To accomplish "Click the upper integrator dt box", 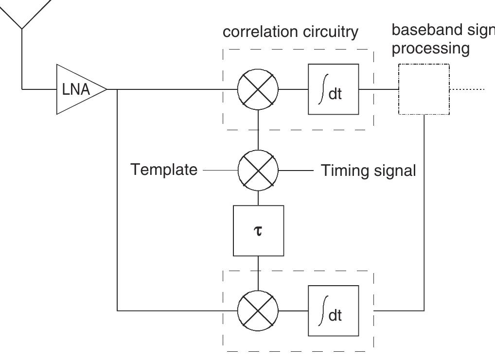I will (334, 89).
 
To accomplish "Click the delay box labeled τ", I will (258, 230).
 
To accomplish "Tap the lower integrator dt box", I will (334, 310).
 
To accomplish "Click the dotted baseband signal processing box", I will (424, 89).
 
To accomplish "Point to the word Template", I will (164, 170).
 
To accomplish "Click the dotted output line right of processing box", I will (467, 89).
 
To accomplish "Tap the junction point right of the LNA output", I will (118, 89).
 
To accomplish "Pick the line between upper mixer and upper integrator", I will (294, 89).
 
